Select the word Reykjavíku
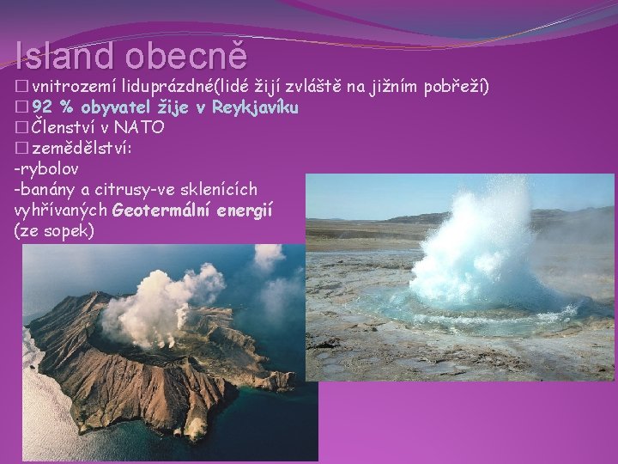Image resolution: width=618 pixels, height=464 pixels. [255, 107]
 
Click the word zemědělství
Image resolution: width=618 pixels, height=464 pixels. [81, 149]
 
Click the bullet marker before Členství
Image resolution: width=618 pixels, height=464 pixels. [21, 128]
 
